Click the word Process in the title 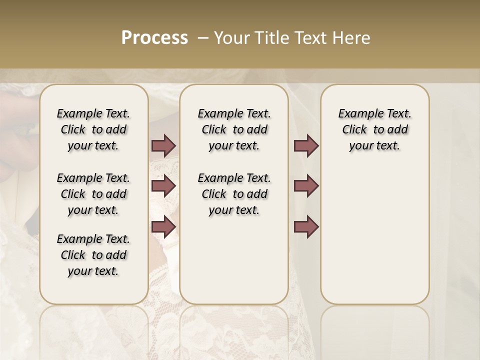(x=154, y=38)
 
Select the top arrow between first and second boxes (x=163, y=145)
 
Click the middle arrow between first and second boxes (x=163, y=186)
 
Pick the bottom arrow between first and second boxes (x=163, y=227)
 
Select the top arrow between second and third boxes (x=306, y=145)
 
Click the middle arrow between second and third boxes (x=306, y=186)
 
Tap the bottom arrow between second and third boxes (x=306, y=227)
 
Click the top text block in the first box (x=93, y=129)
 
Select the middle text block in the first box (x=93, y=194)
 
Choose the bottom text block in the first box (x=93, y=255)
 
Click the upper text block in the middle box (x=234, y=129)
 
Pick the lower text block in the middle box (x=234, y=194)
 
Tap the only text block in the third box (x=374, y=129)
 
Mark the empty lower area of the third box (x=374, y=230)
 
